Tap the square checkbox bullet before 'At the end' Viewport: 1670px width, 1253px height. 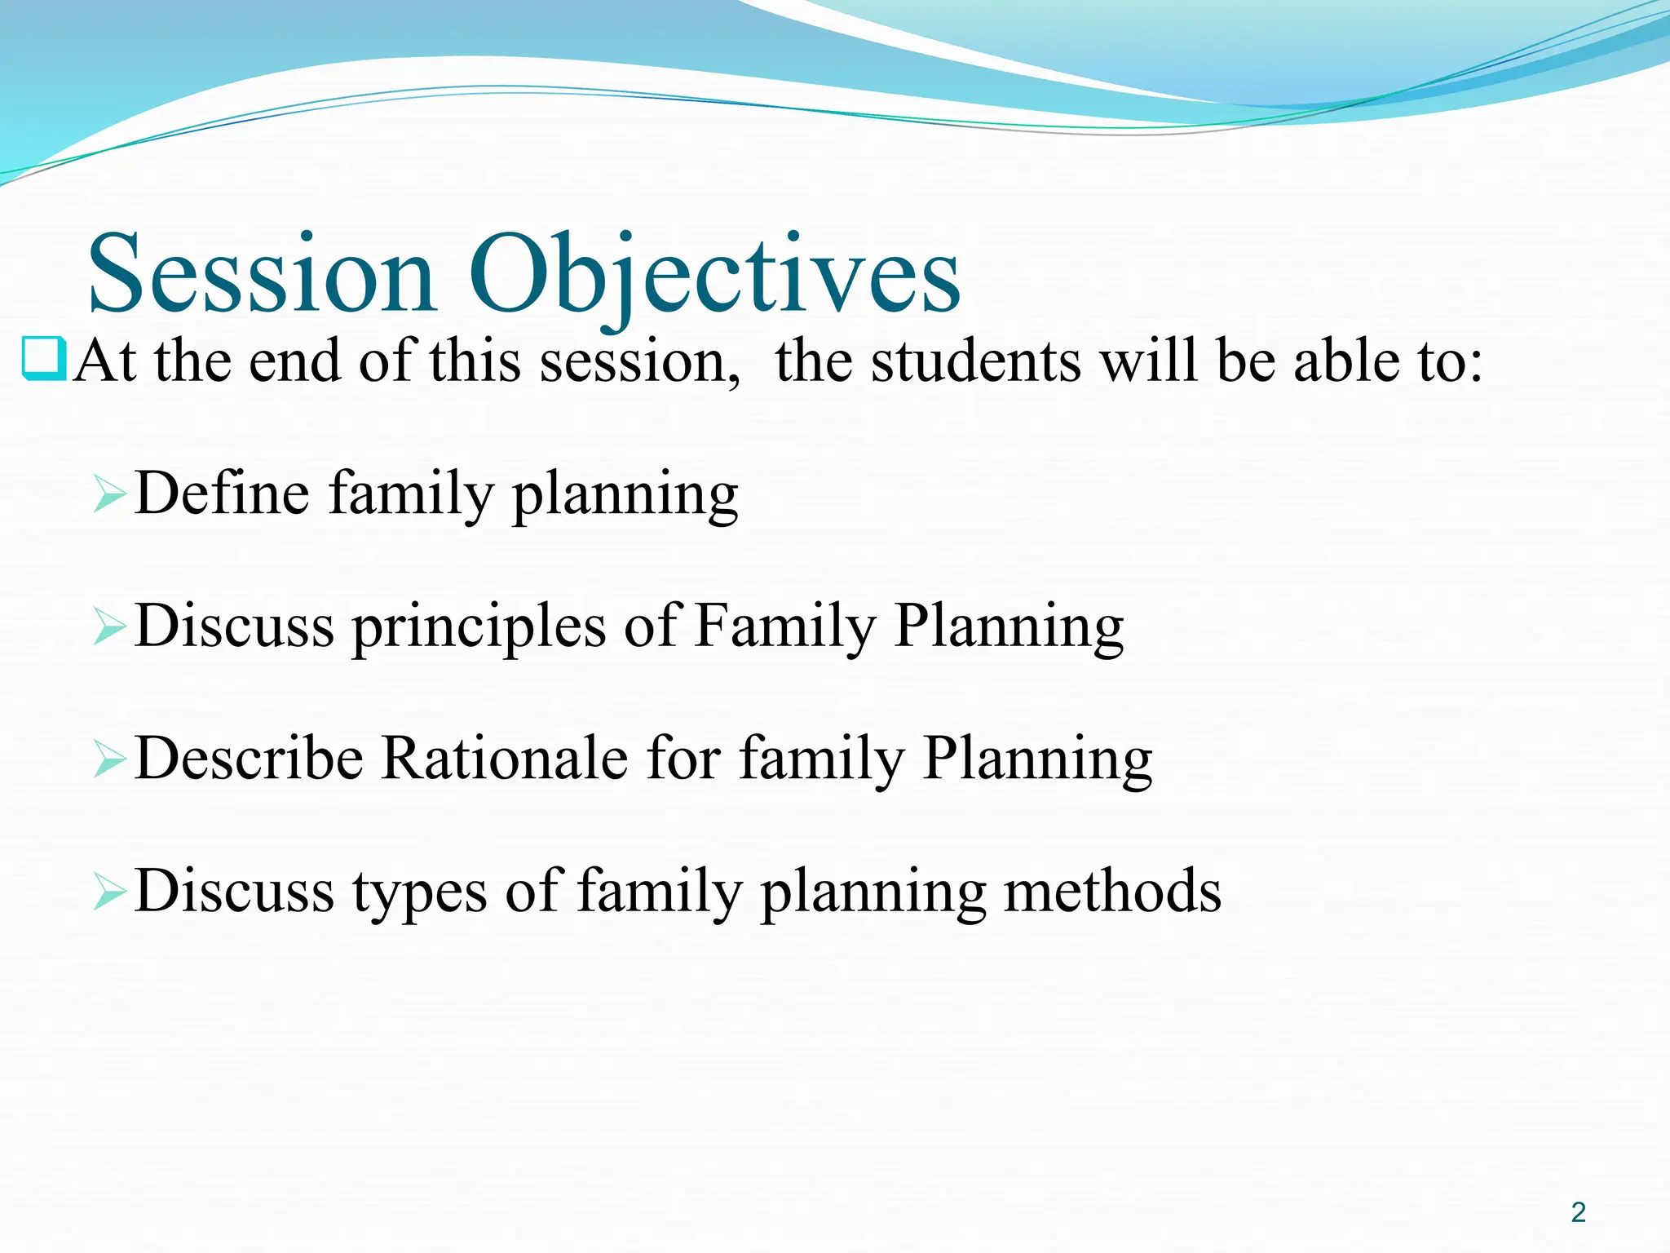point(44,360)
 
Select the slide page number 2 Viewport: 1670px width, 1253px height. point(1578,1212)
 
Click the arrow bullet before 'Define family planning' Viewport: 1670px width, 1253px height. point(109,494)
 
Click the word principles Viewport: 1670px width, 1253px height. point(479,626)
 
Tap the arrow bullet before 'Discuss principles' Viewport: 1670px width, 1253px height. point(109,626)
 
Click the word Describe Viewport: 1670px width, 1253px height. point(249,758)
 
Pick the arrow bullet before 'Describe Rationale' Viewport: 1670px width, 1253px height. point(109,759)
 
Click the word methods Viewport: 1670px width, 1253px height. point(1112,890)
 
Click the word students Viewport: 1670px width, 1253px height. point(975,361)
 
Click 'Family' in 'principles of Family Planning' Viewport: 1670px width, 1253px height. point(784,626)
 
